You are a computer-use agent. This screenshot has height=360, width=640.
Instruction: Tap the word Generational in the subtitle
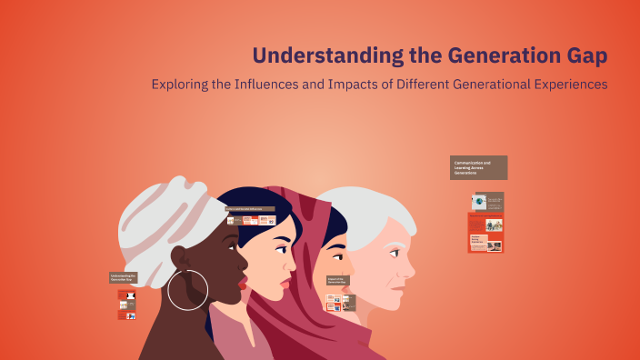470,85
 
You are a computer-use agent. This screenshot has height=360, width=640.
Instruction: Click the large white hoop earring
188,289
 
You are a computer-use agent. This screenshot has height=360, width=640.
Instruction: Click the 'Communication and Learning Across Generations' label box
478,167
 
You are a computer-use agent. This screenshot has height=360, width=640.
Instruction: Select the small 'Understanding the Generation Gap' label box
123,277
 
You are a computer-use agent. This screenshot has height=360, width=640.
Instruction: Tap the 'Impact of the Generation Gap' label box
337,282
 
